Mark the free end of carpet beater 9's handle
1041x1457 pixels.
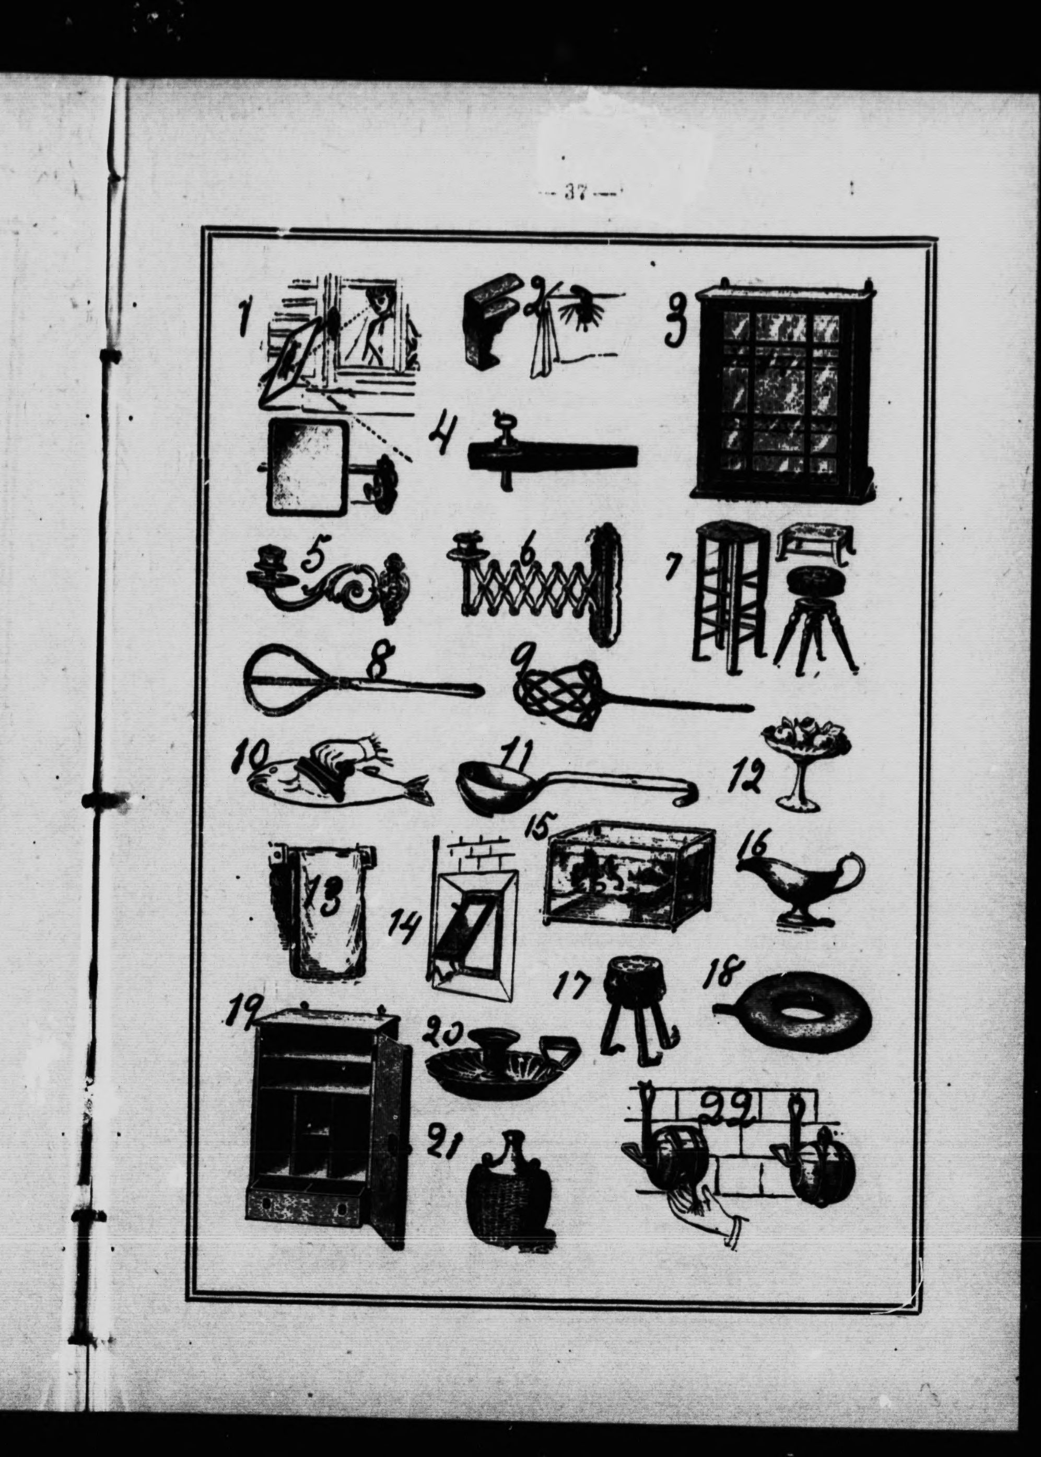750,707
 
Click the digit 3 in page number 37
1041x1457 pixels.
568,192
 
